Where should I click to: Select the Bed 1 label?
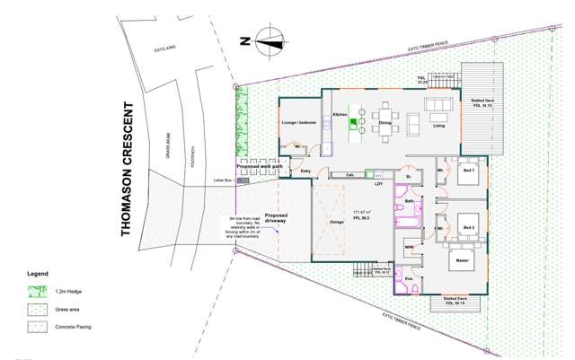[x=467, y=169]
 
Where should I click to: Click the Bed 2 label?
[x=468, y=228]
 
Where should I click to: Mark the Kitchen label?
[x=340, y=115]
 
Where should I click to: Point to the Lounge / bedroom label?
[x=298, y=122]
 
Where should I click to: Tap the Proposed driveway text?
[x=276, y=220]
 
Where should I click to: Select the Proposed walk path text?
[x=260, y=166]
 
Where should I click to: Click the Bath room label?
[x=409, y=202]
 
